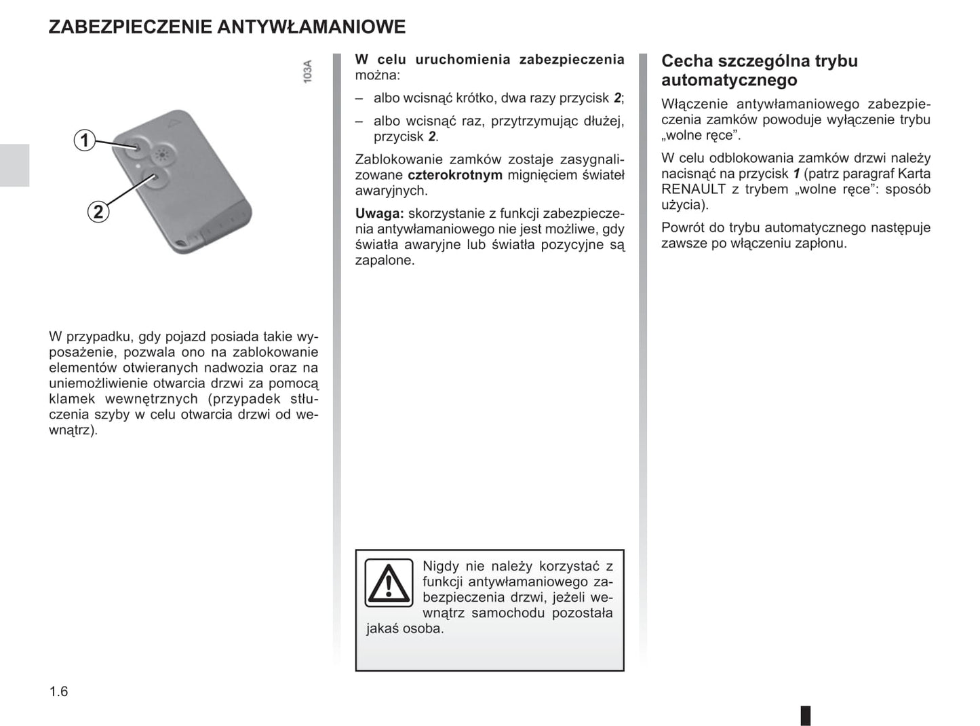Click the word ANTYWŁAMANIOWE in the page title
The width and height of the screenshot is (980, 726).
(311, 27)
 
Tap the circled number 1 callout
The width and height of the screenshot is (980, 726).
(84, 140)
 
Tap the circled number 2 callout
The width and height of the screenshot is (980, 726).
(98, 212)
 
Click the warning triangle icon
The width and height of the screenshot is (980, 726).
(389, 583)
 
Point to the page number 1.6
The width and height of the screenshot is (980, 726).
(58, 691)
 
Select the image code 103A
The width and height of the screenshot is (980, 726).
(308, 71)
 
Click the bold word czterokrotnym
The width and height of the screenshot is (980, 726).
(455, 175)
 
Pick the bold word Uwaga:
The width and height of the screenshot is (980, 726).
(379, 214)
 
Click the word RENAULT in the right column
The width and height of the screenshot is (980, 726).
(693, 189)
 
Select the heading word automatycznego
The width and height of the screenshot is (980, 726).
(729, 80)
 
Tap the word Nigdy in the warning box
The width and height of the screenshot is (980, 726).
(440, 566)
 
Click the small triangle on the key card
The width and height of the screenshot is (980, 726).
(175, 123)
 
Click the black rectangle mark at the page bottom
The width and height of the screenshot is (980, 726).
(806, 715)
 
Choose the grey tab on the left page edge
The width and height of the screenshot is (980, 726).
(14, 165)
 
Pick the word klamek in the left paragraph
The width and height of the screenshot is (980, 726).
(72, 399)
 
